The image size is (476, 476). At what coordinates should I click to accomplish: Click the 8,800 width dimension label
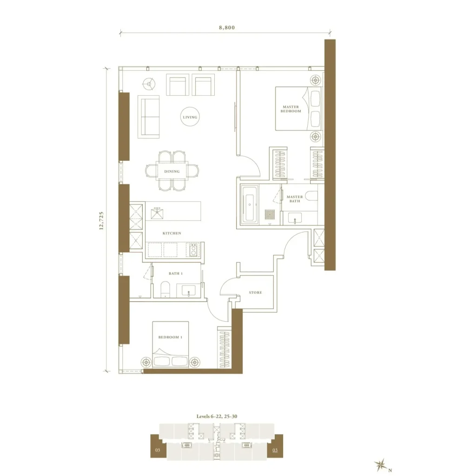[x=227, y=27]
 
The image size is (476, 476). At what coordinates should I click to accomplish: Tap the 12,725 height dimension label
[x=101, y=221]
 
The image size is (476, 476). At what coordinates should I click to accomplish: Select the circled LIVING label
[x=190, y=117]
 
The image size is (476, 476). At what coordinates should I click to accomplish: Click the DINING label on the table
[x=172, y=172]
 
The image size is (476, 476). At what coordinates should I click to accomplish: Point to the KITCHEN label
[x=172, y=233]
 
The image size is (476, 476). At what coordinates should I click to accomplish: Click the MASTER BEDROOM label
[x=291, y=109]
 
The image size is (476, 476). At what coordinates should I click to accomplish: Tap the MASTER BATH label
[x=294, y=199]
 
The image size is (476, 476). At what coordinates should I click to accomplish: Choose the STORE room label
[x=255, y=293]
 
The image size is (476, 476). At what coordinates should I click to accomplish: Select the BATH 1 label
[x=176, y=273]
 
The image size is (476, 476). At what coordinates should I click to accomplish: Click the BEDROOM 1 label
[x=170, y=337]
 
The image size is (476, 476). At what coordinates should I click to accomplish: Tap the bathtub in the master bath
[x=250, y=205]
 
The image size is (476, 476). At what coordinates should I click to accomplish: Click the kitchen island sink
[x=157, y=213]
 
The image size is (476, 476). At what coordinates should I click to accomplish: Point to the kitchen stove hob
[x=193, y=250]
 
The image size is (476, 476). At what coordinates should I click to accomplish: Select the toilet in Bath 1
[x=165, y=289]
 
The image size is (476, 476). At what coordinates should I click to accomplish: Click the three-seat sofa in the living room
[x=148, y=117]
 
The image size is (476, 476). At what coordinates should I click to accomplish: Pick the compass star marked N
[x=381, y=465]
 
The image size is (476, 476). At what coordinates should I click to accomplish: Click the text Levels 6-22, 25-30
[x=217, y=416]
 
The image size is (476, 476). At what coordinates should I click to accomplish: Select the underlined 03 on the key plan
[x=275, y=450]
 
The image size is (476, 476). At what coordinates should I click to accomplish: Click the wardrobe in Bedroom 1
[x=225, y=349]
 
